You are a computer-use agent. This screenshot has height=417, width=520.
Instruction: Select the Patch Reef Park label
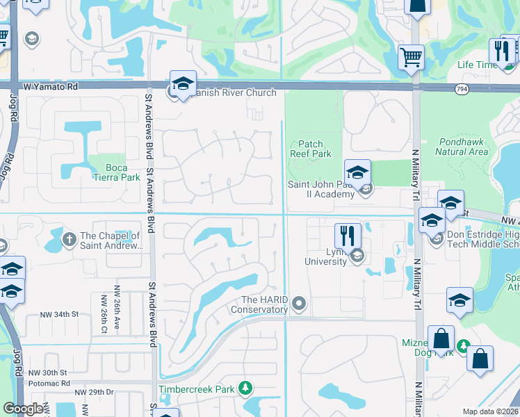tap(311, 149)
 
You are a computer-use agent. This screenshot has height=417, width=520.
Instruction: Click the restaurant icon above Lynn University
tap(348, 235)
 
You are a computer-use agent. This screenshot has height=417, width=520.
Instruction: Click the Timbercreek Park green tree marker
tap(244, 388)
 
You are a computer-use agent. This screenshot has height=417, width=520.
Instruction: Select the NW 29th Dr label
tap(94, 393)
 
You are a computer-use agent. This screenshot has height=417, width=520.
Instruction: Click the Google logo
tap(24, 409)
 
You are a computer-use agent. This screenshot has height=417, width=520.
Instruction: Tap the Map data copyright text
tap(491, 411)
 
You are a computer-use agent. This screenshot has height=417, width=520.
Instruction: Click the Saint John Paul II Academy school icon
tap(357, 172)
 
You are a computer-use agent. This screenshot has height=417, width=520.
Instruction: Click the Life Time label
tap(476, 65)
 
